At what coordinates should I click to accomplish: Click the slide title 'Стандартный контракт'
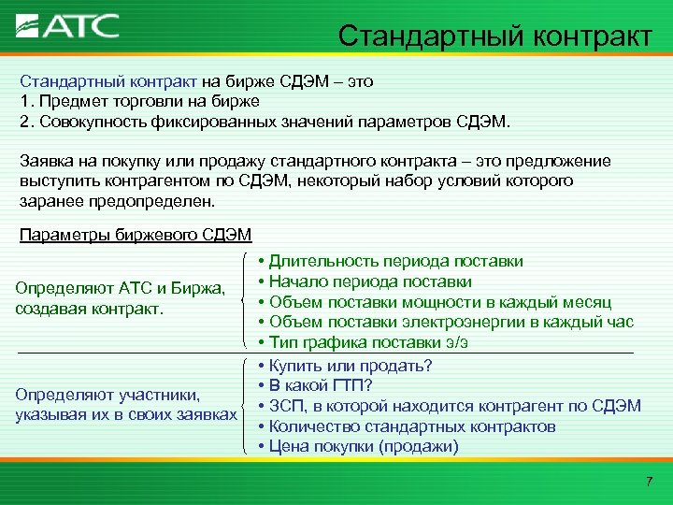click(494, 36)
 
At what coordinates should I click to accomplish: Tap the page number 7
click(649, 481)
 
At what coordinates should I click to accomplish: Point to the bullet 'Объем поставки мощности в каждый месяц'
click(440, 302)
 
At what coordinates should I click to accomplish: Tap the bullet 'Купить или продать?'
click(351, 364)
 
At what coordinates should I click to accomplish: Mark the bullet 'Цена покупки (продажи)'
click(364, 446)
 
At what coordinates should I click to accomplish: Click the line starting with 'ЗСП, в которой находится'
click(454, 405)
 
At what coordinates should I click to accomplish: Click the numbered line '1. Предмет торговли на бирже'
click(139, 101)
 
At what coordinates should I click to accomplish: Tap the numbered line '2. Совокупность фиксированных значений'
click(265, 122)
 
